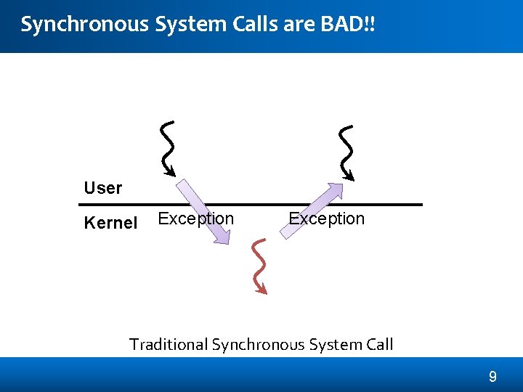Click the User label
[102, 188]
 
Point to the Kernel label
[110, 223]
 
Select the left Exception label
[195, 219]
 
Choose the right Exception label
[326, 219]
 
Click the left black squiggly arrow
[168, 149]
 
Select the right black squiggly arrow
[346, 152]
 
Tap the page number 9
[492, 377]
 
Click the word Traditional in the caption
[168, 344]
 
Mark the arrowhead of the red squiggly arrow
[262, 290]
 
